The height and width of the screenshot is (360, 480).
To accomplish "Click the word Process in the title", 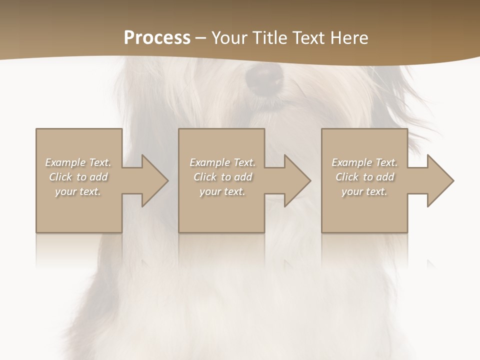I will click(x=157, y=38).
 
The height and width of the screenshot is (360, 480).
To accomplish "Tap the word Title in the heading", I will click(x=271, y=38).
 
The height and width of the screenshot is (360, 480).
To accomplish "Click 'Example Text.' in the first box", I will click(x=78, y=162).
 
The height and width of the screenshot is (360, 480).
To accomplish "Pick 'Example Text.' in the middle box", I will click(x=222, y=162).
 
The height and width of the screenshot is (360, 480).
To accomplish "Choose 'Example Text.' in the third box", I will click(x=364, y=162).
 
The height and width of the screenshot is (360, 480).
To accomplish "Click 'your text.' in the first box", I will click(x=78, y=191).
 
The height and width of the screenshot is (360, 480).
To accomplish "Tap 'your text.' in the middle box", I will click(x=222, y=191).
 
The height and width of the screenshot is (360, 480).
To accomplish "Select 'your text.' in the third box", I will click(x=364, y=191).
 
